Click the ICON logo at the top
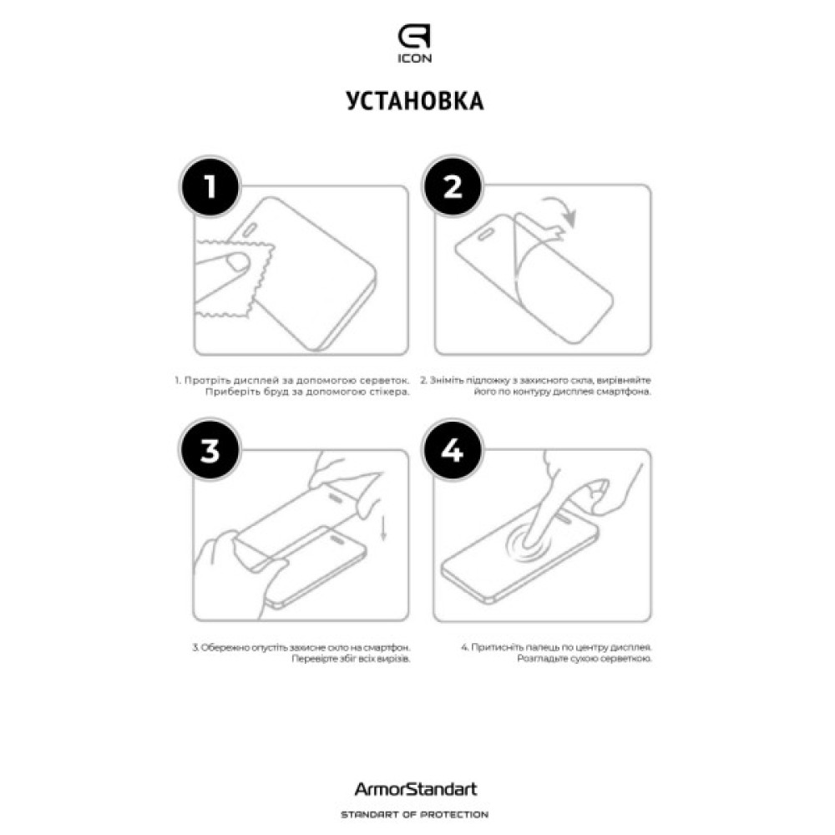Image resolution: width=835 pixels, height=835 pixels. (x=414, y=44)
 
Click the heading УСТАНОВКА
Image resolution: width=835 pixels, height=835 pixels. (x=415, y=101)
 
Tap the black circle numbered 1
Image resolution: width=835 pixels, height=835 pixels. (x=210, y=186)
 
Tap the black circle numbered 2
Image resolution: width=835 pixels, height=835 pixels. (x=453, y=186)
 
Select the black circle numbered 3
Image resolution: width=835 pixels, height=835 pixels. (x=210, y=450)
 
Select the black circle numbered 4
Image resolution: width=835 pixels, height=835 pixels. (x=453, y=450)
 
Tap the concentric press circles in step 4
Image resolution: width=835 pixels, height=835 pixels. (x=529, y=544)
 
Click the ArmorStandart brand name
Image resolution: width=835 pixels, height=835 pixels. (x=415, y=789)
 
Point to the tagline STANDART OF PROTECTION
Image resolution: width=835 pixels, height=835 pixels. (x=415, y=815)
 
